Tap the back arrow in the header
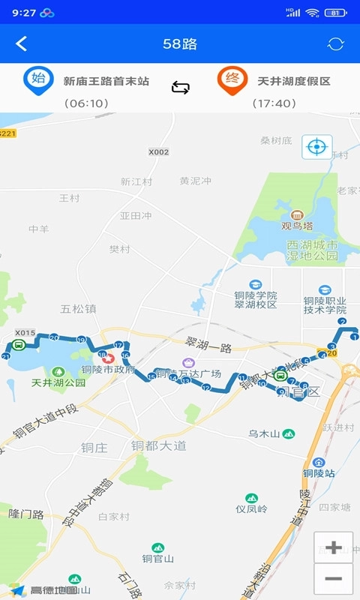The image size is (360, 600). [x=21, y=43]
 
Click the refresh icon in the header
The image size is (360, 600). [x=335, y=43]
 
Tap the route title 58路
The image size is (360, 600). [x=180, y=43]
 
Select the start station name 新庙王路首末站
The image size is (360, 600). [x=106, y=81]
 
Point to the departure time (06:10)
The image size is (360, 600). [x=86, y=103]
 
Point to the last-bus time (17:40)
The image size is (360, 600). [x=274, y=103]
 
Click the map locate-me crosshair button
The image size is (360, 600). [x=316, y=146]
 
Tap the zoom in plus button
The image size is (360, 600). [x=334, y=547]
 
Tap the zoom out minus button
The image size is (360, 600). [x=334, y=579]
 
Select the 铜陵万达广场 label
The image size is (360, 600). [x=188, y=373]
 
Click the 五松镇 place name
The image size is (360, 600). [x=78, y=308]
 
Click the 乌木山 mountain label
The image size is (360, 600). [x=264, y=434]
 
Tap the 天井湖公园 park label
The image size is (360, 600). [x=58, y=382]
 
